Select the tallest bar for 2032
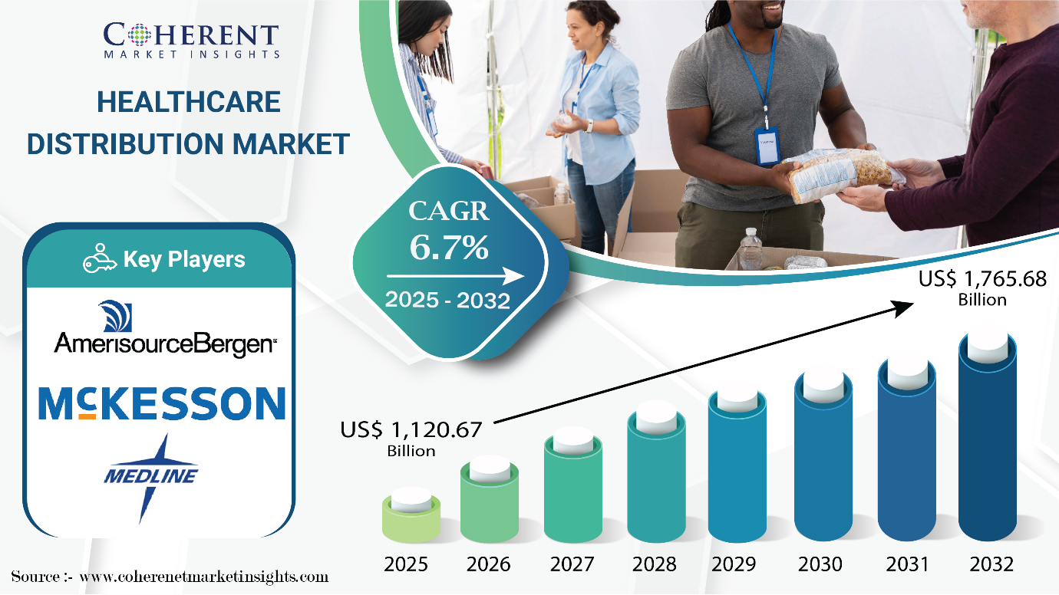pyautogui.click(x=987, y=437)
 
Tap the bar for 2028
pyautogui.click(x=655, y=475)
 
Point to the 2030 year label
pyautogui.click(x=820, y=564)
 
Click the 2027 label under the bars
pyautogui.click(x=572, y=564)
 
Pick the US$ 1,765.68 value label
pyautogui.click(x=982, y=288)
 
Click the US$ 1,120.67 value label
pyautogui.click(x=411, y=439)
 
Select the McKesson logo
pyautogui.click(x=162, y=403)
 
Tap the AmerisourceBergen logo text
pyautogui.click(x=165, y=344)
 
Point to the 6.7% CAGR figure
pyautogui.click(x=449, y=247)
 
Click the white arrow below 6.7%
pyautogui.click(x=455, y=276)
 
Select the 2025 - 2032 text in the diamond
pyautogui.click(x=447, y=301)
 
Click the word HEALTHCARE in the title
pyautogui.click(x=189, y=102)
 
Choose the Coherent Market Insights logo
pyautogui.click(x=191, y=41)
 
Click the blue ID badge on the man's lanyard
pyautogui.click(x=767, y=146)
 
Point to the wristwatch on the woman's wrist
pyautogui.click(x=589, y=126)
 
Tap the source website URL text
pyautogui.click(x=204, y=577)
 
